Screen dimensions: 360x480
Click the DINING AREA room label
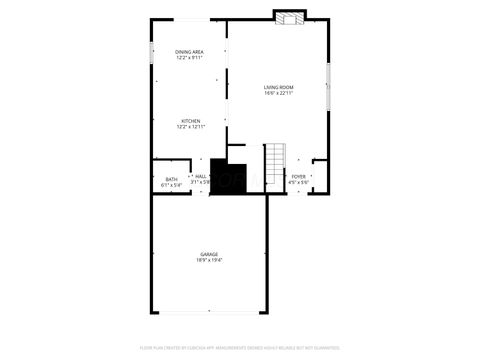[x=190, y=51]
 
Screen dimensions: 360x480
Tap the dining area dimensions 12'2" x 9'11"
[x=190, y=58]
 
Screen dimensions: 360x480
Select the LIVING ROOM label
[x=279, y=88]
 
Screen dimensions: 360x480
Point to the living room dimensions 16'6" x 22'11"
[x=279, y=95]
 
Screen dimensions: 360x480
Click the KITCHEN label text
[x=190, y=121]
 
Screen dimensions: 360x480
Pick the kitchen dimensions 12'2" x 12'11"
[x=190, y=127]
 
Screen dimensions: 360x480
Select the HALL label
[x=201, y=176]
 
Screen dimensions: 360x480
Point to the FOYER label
[x=299, y=176]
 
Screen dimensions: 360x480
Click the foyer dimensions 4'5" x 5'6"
[x=299, y=182]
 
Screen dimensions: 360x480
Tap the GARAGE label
[x=209, y=255]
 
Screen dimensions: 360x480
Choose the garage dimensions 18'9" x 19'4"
[x=209, y=261]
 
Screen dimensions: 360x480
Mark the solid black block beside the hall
[x=228, y=178]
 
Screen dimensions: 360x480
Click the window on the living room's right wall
[x=329, y=86]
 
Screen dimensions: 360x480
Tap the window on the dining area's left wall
[x=152, y=52]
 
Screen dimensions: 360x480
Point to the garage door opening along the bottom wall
[x=209, y=312]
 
